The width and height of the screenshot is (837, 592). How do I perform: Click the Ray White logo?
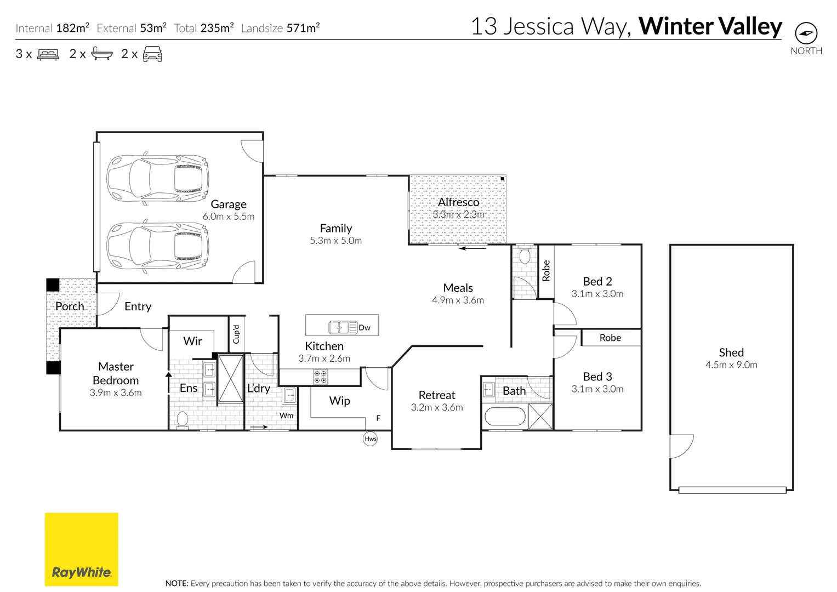click(81, 549)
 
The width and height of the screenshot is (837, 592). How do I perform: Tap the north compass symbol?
click(806, 33)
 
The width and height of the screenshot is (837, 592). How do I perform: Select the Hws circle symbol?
click(371, 439)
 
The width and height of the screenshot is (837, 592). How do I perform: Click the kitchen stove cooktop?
click(320, 377)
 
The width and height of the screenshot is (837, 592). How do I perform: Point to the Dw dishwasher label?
click(365, 328)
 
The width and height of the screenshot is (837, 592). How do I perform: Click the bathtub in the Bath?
click(505, 417)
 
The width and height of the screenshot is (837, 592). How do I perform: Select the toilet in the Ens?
click(182, 420)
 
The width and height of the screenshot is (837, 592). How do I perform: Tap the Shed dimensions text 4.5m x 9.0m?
click(731, 365)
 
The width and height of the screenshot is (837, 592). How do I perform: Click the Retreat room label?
click(437, 395)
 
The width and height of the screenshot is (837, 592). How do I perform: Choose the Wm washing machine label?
click(287, 416)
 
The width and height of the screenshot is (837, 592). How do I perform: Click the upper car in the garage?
click(157, 177)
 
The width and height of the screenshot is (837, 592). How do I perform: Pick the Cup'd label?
click(236, 334)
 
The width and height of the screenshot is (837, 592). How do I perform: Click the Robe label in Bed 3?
click(610, 338)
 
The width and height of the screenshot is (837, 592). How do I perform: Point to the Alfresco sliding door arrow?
click(472, 249)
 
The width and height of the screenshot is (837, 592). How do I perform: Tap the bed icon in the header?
click(48, 54)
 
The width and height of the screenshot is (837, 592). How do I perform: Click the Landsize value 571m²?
click(303, 28)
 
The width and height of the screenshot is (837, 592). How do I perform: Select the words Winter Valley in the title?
click(710, 26)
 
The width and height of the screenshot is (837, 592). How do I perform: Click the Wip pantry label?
click(339, 401)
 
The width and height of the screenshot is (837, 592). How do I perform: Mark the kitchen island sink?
click(339, 328)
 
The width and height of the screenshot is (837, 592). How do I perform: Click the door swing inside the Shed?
click(681, 445)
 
